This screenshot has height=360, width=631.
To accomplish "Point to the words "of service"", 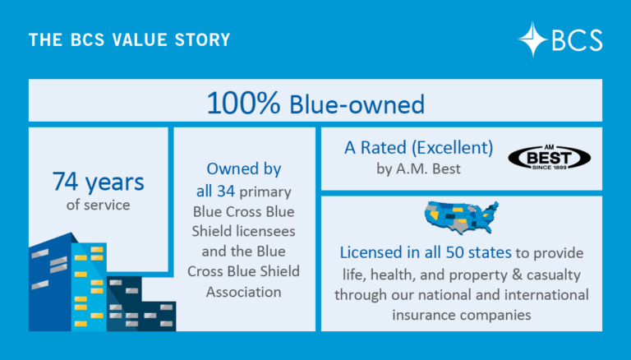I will pos(98,205).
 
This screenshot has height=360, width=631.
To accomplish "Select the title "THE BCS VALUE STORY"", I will pos(129,39).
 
